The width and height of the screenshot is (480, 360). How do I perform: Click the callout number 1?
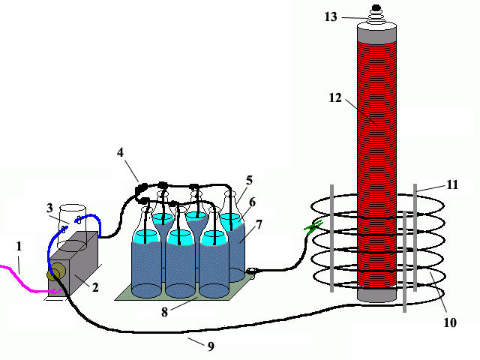click(x=19, y=245)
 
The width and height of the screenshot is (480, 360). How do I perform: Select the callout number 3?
click(x=49, y=208)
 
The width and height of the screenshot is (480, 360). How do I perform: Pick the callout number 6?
click(x=252, y=202)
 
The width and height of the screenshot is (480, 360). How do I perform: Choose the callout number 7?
click(x=259, y=224)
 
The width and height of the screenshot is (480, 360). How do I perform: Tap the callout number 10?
click(x=451, y=322)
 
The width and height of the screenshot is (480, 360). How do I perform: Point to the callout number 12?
click(x=335, y=97)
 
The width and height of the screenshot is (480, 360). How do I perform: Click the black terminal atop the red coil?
click(x=376, y=11)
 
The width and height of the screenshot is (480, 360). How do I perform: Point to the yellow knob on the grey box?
click(x=55, y=275)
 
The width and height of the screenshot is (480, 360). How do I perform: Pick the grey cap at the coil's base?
click(x=376, y=295)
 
